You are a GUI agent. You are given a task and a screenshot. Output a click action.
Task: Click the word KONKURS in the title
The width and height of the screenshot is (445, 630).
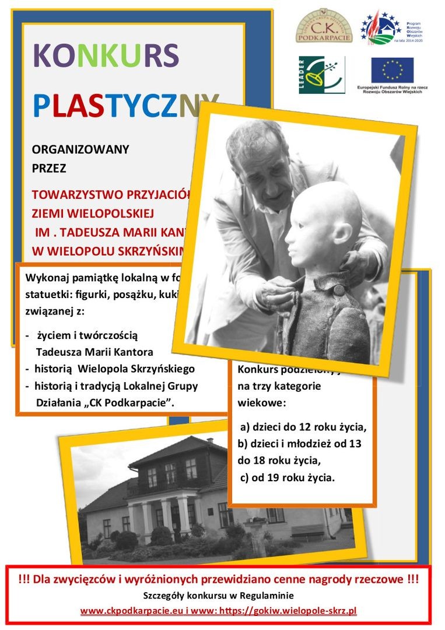click(106, 55)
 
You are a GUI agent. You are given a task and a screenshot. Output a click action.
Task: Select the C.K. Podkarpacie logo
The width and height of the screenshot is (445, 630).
click(323, 26)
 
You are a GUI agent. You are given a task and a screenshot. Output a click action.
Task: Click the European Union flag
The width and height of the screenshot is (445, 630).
click(392, 71)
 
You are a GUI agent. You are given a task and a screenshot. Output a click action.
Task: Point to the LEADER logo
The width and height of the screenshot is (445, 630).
click(322, 75)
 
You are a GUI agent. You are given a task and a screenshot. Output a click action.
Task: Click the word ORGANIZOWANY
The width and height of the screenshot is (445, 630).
click(80, 149)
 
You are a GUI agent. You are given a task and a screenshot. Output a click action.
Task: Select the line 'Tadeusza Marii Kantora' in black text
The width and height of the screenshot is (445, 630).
click(94, 352)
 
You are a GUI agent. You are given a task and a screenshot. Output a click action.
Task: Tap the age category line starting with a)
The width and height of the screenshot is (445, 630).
click(302, 427)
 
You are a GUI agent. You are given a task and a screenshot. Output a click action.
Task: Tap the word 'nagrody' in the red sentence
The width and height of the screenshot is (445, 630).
click(323, 580)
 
